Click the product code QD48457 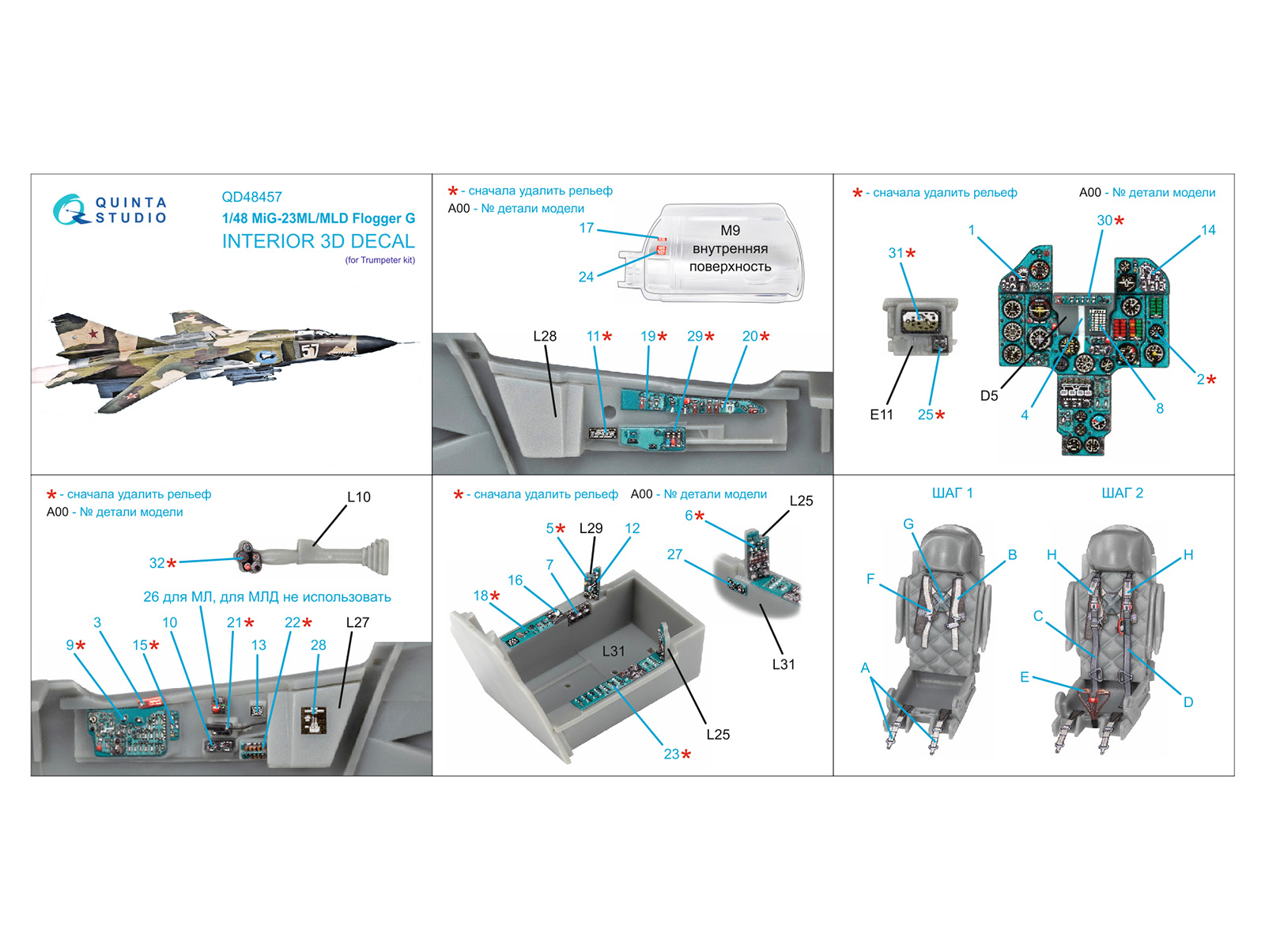click(x=251, y=197)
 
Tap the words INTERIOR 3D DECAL click(x=318, y=241)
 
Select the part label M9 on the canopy click(x=730, y=230)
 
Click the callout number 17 click(x=586, y=228)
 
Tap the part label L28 click(x=545, y=336)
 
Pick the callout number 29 click(x=694, y=336)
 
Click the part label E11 click(x=881, y=414)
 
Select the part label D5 click(x=988, y=395)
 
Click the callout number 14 click(x=1207, y=230)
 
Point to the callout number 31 click(x=895, y=253)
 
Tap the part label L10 click(x=358, y=497)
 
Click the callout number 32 click(x=157, y=563)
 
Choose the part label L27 click(x=357, y=622)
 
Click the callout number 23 click(x=671, y=754)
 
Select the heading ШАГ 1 click(x=952, y=493)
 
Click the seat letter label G click(x=908, y=524)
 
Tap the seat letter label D click(x=1188, y=701)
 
